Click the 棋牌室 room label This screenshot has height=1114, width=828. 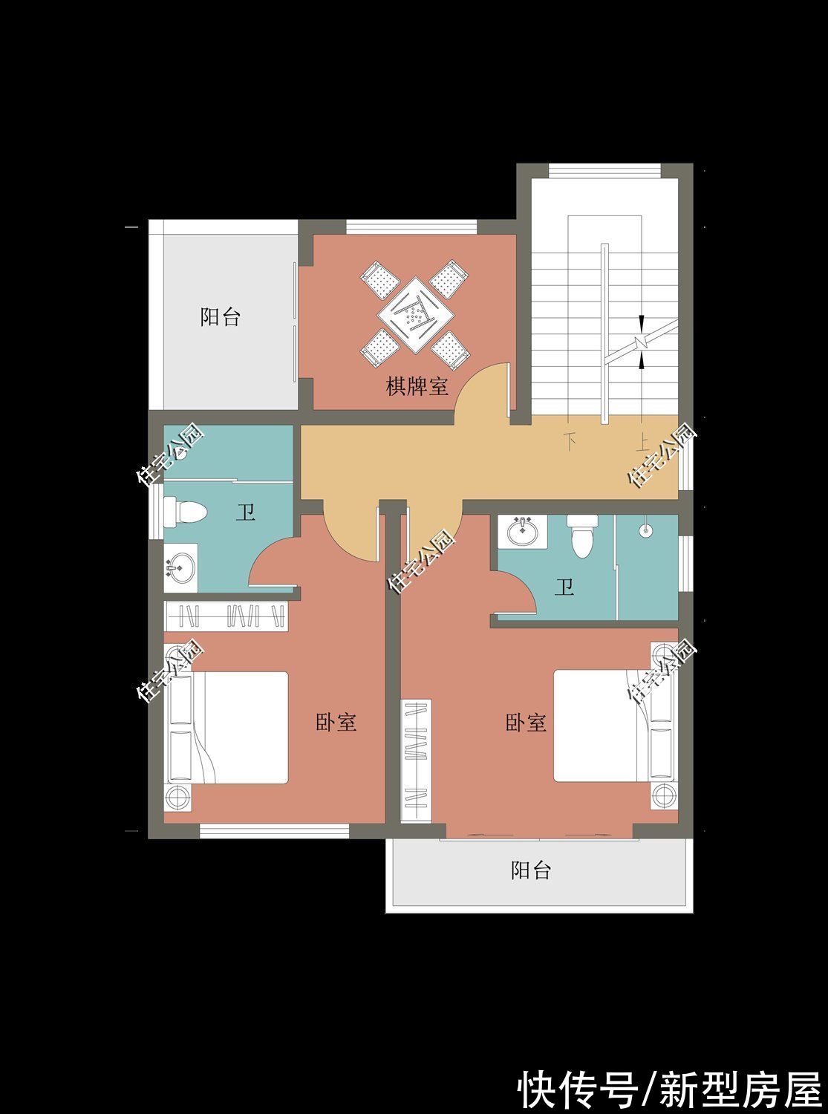[x=417, y=386]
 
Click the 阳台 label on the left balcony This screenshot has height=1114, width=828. [x=221, y=317]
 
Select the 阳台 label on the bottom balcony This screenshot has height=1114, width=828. [x=531, y=870]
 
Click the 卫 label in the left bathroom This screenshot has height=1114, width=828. [x=245, y=512]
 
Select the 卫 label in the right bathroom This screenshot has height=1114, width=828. [x=564, y=589]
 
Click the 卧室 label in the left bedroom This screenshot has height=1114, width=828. [x=336, y=722]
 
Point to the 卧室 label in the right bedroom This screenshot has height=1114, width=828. [x=526, y=722]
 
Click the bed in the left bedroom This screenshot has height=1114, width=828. [x=238, y=728]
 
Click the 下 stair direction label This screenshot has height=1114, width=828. [x=570, y=441]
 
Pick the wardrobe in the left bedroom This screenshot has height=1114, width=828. [x=226, y=616]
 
